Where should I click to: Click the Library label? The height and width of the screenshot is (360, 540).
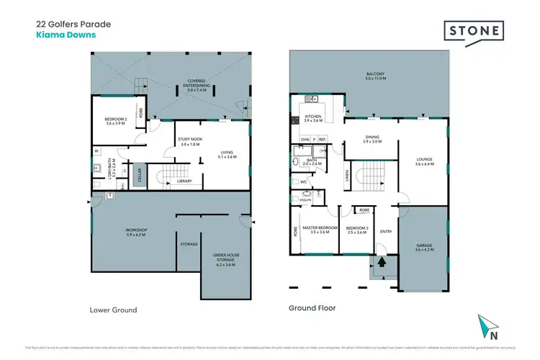pos(184,181)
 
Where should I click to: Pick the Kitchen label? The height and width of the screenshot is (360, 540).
pos(314,117)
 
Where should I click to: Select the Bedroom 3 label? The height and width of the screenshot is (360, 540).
pos(355,229)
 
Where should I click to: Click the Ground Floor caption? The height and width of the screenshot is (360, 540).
pos(312,307)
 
